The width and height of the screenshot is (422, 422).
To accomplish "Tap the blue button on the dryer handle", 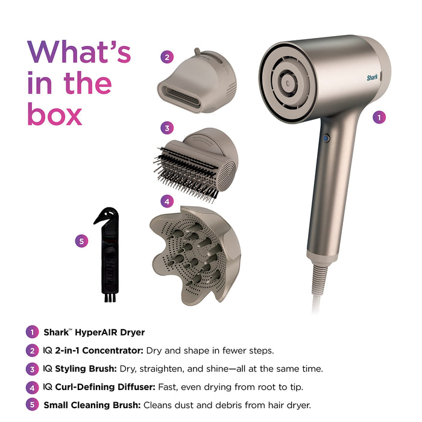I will click(x=327, y=138).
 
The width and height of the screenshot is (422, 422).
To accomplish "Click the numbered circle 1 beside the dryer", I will click(x=379, y=118).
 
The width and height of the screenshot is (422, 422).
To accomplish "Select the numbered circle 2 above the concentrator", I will click(x=167, y=58).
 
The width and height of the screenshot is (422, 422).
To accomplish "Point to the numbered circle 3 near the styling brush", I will click(x=167, y=128).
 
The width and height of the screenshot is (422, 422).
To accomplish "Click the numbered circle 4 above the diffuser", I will click(x=167, y=201).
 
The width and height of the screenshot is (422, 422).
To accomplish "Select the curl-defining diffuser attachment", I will click(x=195, y=253).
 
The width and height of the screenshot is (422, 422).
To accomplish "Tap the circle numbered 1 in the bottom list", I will click(x=31, y=332).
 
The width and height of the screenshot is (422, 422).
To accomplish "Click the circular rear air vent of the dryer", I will click(x=288, y=82).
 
